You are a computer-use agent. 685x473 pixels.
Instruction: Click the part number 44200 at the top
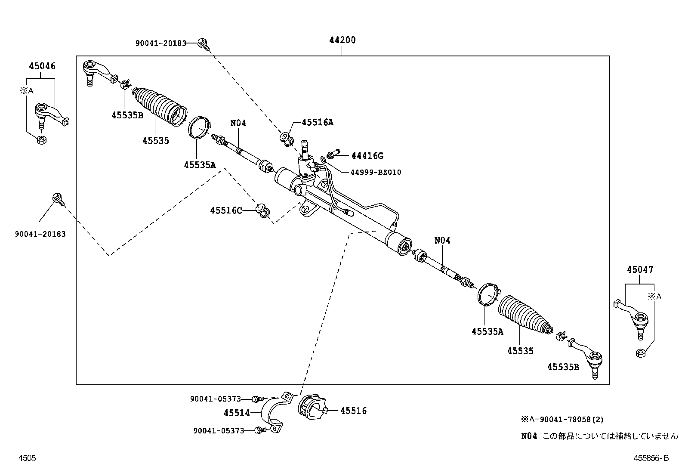point(342,40)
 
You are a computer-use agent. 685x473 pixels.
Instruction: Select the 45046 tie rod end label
point(42,66)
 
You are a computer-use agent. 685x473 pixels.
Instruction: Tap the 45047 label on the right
point(640,270)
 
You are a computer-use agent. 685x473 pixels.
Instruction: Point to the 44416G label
point(367,156)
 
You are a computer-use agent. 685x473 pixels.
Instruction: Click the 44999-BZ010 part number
point(375,172)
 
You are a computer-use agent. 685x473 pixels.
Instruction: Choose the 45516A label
point(318,122)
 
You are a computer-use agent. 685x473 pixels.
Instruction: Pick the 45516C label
point(226,210)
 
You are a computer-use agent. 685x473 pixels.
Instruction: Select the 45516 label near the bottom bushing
point(353,411)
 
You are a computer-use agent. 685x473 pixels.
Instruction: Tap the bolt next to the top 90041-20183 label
point(202,43)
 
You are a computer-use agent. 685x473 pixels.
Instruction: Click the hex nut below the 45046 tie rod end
point(41,140)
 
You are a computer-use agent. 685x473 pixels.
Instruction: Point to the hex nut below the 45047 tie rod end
point(640,353)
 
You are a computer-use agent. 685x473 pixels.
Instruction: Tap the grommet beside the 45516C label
point(263,210)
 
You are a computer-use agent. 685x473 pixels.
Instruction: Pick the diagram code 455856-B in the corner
point(651,458)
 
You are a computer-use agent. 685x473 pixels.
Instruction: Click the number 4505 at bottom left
point(27,458)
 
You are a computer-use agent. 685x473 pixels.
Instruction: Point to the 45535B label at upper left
point(127,115)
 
